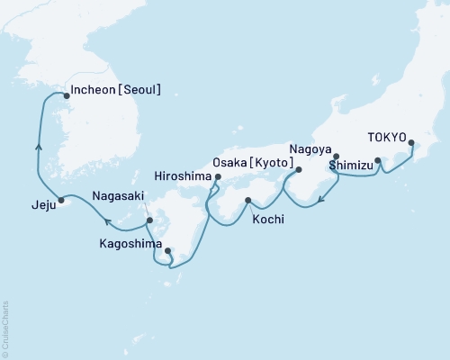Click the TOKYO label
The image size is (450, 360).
389,139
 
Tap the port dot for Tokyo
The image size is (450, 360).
412,143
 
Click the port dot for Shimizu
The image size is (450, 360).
378,162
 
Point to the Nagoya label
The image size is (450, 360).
310,148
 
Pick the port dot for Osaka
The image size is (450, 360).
299,169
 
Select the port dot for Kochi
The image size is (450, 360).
247,200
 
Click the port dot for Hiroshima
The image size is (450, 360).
218,178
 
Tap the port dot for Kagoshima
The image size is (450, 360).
167,251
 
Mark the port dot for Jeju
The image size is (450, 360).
61,200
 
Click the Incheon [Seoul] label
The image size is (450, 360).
119,90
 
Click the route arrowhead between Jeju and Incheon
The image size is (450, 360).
38,145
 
